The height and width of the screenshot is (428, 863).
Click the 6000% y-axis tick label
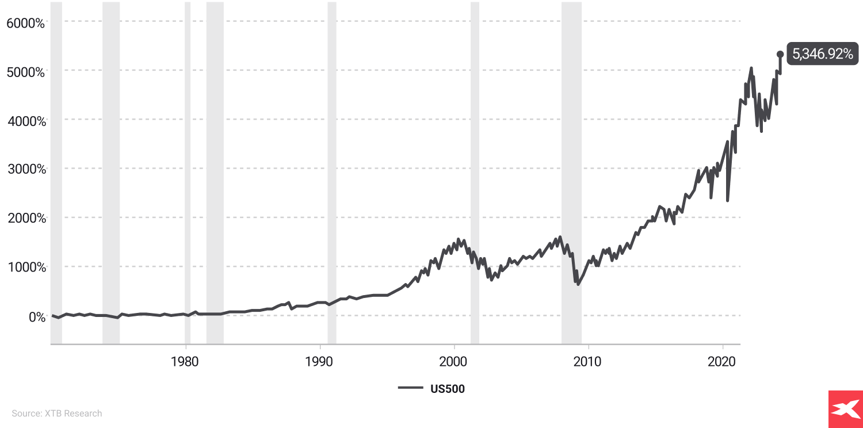click(25, 23)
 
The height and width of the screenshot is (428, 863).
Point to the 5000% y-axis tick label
click(25, 72)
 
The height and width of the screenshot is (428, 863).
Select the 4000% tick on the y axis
click(25, 121)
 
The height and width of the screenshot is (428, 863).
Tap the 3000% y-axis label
click(25, 170)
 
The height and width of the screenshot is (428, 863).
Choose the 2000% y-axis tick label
click(25, 219)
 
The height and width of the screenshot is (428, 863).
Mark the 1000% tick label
click(25, 267)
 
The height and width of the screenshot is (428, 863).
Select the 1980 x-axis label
click(186, 362)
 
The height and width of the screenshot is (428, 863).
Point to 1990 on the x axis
click(320, 362)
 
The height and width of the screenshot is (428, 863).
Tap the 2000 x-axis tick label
click(454, 362)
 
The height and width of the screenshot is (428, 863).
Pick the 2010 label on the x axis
click(588, 362)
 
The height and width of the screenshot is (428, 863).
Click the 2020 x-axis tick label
click(722, 362)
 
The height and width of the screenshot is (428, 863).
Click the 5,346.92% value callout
click(822, 54)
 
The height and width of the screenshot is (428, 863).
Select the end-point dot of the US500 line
click(780, 54)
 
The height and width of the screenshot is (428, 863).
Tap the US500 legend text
click(447, 389)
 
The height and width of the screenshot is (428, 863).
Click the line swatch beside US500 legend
click(411, 388)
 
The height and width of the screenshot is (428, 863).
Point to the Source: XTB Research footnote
click(57, 413)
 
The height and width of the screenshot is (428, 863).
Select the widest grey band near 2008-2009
click(571, 173)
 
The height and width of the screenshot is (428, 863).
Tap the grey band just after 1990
click(332, 173)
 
